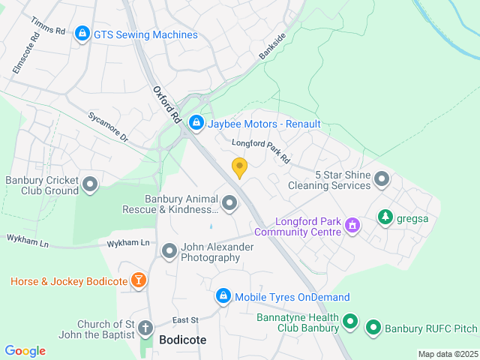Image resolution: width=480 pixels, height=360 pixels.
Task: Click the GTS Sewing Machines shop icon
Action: click(x=82, y=34)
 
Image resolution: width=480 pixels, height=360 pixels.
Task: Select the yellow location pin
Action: click(x=239, y=168)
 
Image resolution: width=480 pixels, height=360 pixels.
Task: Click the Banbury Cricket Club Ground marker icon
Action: click(x=91, y=184)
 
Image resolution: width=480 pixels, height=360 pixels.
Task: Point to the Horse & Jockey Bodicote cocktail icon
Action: click(x=138, y=280)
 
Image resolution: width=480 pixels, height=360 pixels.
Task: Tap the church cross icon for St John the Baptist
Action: click(x=145, y=328)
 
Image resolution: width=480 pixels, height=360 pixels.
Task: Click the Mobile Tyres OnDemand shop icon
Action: click(x=223, y=297)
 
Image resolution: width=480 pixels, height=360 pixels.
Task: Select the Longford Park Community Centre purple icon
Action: click(x=351, y=224)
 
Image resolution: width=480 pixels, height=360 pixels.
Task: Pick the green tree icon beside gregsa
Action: click(x=385, y=217)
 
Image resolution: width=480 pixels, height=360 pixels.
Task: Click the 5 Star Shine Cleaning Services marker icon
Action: click(x=382, y=179)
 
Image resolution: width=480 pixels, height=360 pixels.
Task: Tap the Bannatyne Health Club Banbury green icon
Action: click(x=349, y=322)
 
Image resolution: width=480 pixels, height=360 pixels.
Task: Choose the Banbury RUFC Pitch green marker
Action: click(x=373, y=328)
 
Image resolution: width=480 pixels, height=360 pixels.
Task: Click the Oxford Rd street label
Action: click(x=167, y=104)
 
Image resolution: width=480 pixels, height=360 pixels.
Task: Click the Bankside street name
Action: click(x=273, y=46)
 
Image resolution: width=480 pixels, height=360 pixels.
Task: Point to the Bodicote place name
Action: click(x=183, y=340)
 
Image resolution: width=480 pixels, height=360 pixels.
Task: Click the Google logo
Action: click(x=25, y=351)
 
